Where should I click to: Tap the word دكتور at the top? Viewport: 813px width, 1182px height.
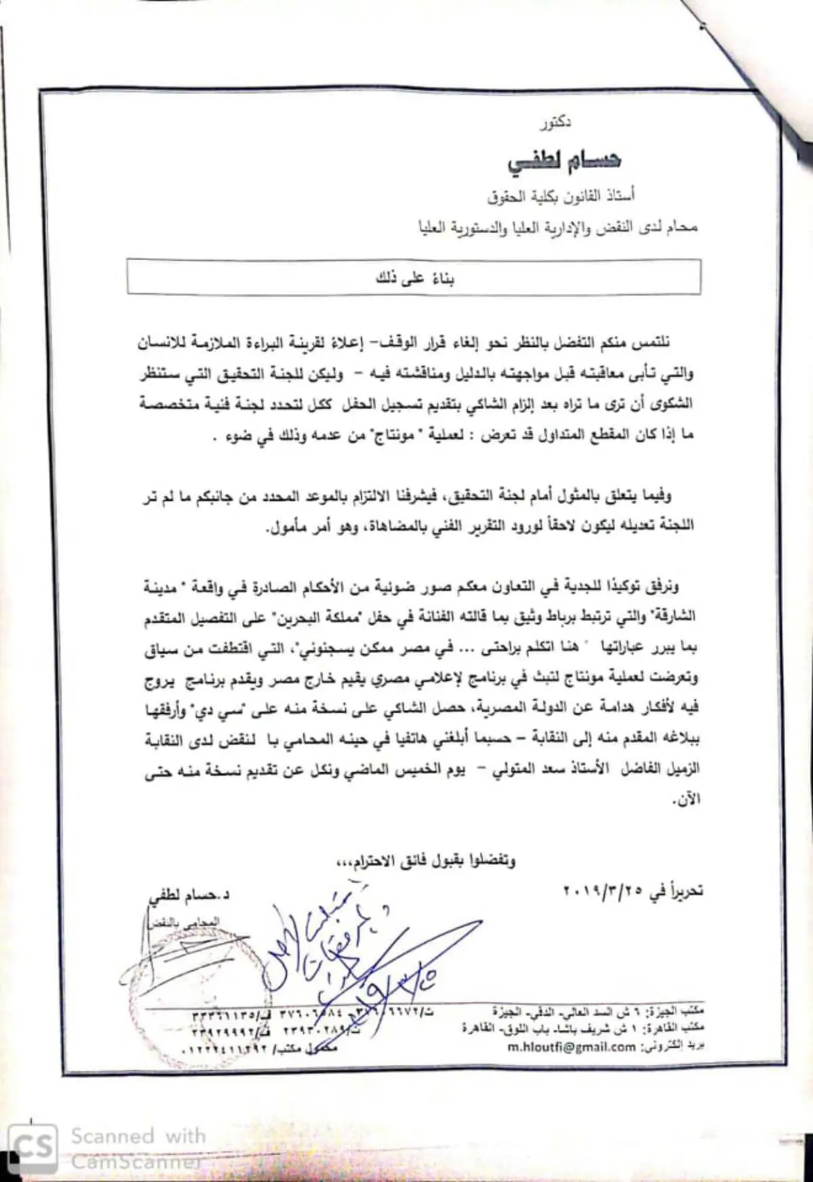[x=556, y=123]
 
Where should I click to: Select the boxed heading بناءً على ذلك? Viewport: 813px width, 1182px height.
[x=415, y=278]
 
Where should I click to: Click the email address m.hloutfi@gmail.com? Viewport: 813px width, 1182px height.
[x=571, y=1047]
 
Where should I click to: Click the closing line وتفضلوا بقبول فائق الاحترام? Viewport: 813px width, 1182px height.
[x=427, y=861]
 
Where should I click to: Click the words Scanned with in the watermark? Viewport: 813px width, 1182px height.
[x=138, y=1135]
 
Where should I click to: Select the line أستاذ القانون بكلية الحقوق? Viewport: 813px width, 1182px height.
[x=561, y=197]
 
